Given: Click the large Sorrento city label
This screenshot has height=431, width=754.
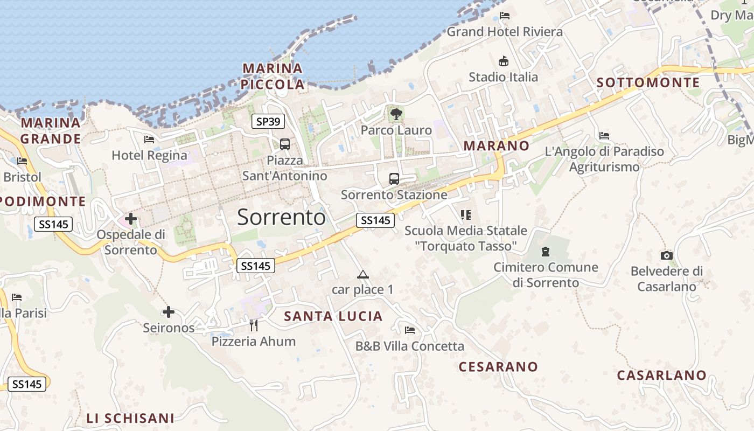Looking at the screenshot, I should [281, 217].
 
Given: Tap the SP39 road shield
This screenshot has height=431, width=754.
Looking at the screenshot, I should [268, 122].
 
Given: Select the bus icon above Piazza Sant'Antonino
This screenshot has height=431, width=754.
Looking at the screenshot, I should [284, 144].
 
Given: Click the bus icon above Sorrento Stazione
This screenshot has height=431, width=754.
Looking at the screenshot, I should [394, 179].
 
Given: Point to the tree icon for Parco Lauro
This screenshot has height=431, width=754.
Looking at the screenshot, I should [396, 114].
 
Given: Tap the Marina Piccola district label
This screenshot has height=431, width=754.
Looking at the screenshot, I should [273, 77].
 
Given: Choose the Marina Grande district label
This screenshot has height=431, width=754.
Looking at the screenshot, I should [51, 131].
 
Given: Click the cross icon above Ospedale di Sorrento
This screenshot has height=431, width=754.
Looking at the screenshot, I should [131, 219].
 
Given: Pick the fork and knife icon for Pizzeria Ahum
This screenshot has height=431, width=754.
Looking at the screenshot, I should [254, 325].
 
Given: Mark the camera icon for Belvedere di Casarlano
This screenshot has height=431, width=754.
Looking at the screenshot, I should [667, 255].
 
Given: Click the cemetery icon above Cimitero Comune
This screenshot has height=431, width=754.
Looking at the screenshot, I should [546, 251].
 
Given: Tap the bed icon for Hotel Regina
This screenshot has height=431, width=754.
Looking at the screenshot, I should [149, 140].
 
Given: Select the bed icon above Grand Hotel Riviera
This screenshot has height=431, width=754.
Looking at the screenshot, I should [505, 16].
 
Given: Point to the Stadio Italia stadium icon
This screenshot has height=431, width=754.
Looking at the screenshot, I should [504, 61].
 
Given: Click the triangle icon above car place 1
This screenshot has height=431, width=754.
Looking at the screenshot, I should [363, 275].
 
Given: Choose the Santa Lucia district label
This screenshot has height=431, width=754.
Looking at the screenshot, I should [333, 316].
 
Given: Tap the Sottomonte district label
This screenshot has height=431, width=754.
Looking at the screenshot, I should [648, 82].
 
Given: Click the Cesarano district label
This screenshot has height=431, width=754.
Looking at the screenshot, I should [498, 367].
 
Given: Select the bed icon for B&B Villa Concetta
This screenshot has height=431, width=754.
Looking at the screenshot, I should [410, 330].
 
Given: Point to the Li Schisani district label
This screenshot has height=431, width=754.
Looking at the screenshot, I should [130, 418].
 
